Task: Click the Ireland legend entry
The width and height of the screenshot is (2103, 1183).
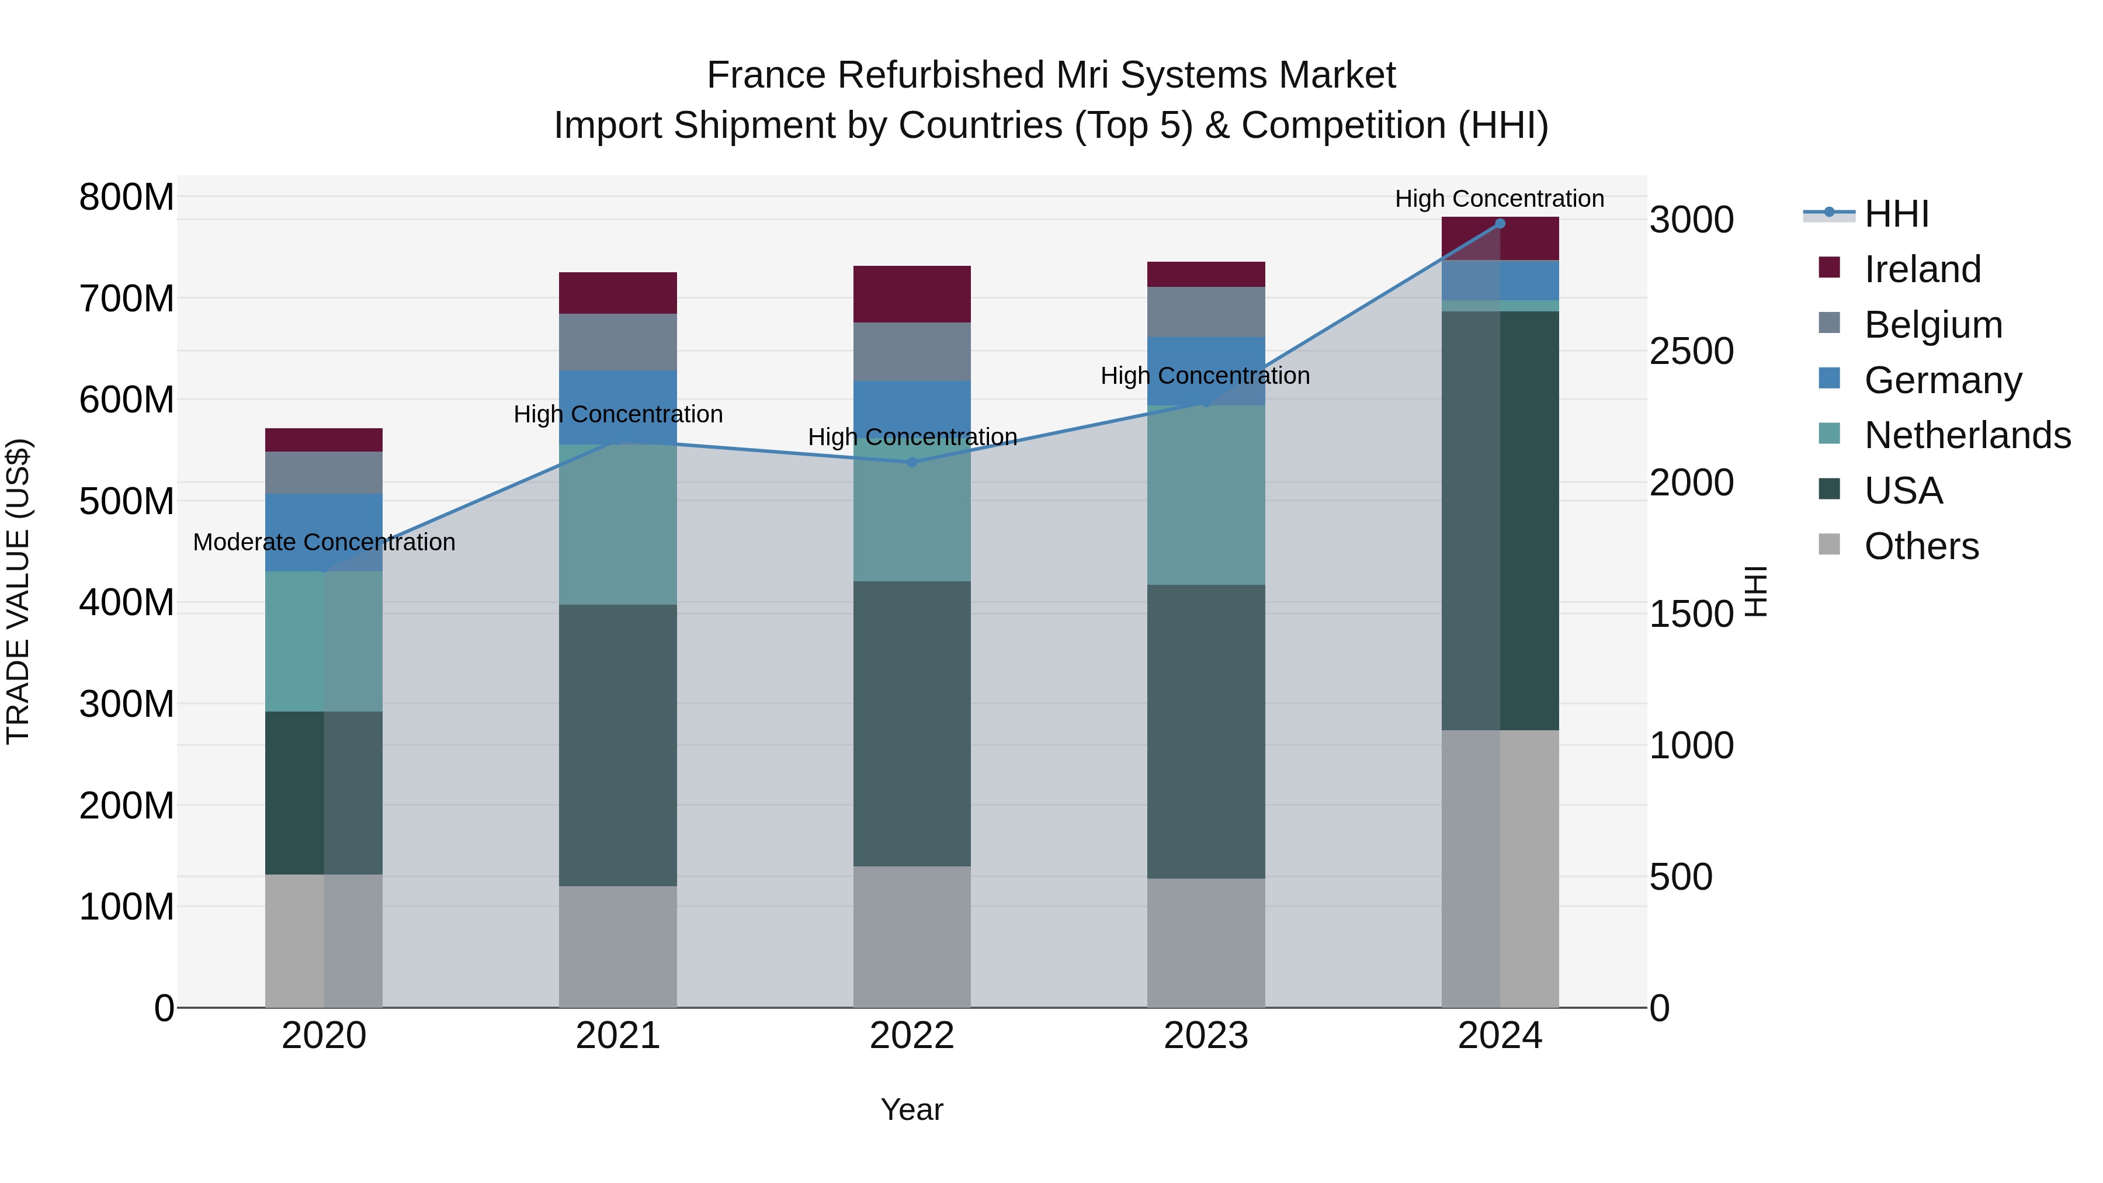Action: point(1922,269)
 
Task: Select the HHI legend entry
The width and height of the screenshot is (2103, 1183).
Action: point(1896,214)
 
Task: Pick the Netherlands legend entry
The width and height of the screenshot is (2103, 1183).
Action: point(1967,435)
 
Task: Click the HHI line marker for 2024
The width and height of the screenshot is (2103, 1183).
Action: point(1500,224)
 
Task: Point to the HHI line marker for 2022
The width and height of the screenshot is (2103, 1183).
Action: point(912,462)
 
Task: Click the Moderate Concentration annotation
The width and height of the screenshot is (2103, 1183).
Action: point(324,542)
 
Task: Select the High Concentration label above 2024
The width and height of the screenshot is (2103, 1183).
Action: point(1499,199)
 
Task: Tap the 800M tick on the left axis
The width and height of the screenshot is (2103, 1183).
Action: point(127,197)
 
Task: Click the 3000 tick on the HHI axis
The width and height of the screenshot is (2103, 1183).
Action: point(1692,220)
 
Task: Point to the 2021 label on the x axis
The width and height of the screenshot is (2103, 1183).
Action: point(618,1036)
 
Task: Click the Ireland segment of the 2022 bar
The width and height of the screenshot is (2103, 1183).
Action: point(912,294)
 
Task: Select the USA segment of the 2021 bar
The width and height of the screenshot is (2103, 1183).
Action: point(618,745)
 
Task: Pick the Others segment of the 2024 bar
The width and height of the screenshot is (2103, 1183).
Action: point(1500,869)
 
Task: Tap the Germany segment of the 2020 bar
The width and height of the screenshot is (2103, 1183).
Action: point(324,532)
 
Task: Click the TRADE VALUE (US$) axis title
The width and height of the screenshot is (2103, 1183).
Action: point(18,591)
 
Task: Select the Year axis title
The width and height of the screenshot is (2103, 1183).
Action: point(912,1109)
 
